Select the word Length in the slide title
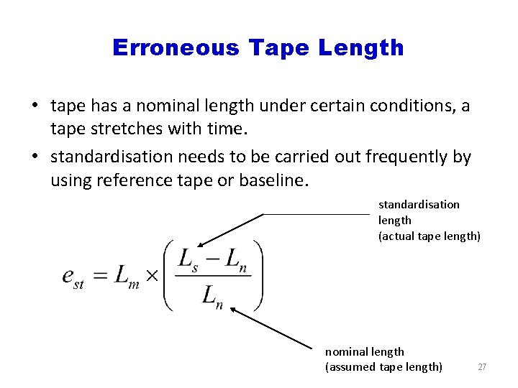click(x=361, y=48)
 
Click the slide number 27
click(x=482, y=367)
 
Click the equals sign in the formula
click(x=100, y=277)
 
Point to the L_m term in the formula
click(x=127, y=277)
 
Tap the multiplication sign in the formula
click(x=152, y=277)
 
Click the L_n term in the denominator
click(x=213, y=295)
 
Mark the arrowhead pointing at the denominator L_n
click(x=235, y=312)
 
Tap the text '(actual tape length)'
click(x=430, y=236)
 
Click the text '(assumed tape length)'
click(x=383, y=367)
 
